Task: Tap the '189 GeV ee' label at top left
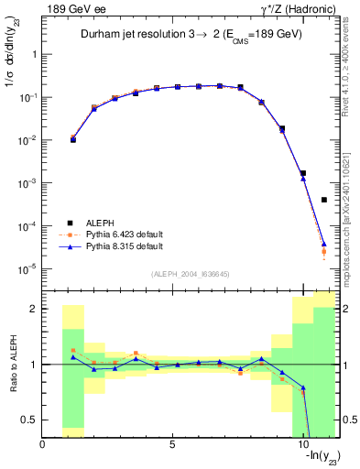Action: click(69, 9)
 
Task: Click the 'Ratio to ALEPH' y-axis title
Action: click(12, 365)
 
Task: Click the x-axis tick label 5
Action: click(172, 445)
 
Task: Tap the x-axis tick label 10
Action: click(302, 445)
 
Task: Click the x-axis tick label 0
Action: click(43, 445)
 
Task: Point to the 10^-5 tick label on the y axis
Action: click(28, 269)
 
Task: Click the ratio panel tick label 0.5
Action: click(29, 420)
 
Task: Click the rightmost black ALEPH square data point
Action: click(324, 200)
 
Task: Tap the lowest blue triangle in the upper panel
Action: click(324, 244)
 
